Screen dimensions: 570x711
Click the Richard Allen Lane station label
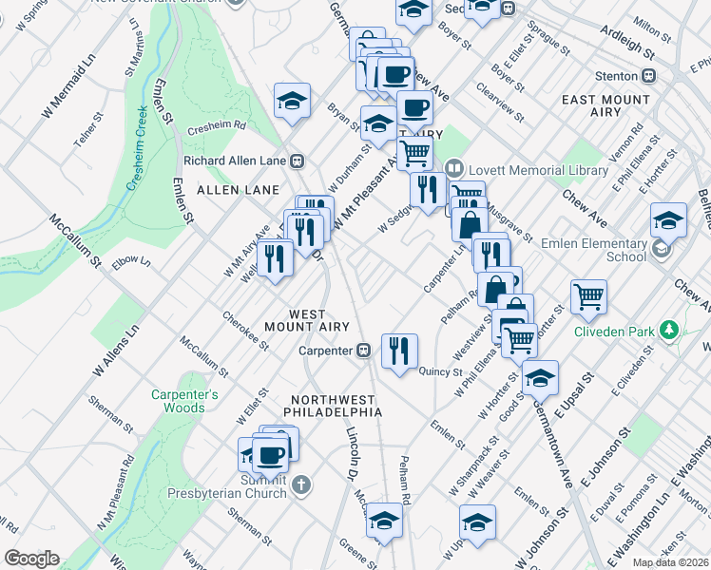[237, 161]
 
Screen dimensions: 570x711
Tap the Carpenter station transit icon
[363, 351]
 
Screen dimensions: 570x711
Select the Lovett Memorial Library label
[536, 170]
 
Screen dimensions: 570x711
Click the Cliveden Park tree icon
[671, 330]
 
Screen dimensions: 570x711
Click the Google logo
[31, 559]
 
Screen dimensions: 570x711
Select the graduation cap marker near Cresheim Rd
[292, 99]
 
